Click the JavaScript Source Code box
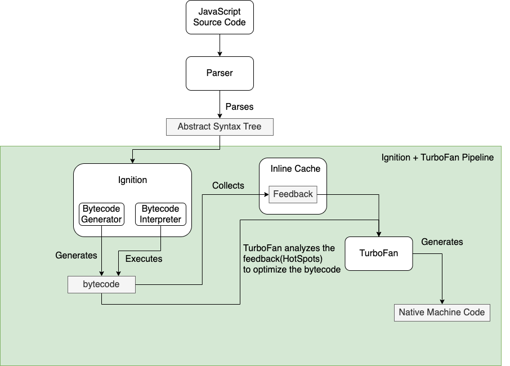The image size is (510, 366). pyautogui.click(x=220, y=17)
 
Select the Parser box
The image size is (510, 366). pyautogui.click(x=220, y=73)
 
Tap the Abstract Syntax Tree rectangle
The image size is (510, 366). pyautogui.click(x=220, y=127)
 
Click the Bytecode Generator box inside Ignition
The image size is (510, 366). pyautogui.click(x=101, y=214)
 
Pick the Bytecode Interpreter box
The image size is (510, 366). pyautogui.click(x=161, y=214)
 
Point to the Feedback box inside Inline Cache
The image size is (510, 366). pyautogui.click(x=293, y=194)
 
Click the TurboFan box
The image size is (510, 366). pyautogui.click(x=378, y=253)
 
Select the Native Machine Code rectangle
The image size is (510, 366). pyautogui.click(x=442, y=313)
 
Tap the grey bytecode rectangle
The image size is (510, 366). pyautogui.click(x=101, y=284)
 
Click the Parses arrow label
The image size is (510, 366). pyautogui.click(x=239, y=106)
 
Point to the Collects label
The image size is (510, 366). pyautogui.click(x=228, y=185)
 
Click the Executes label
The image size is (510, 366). pyautogui.click(x=144, y=259)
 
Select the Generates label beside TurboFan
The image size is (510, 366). pyautogui.click(x=442, y=242)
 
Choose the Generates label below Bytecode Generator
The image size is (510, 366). pyautogui.click(x=76, y=255)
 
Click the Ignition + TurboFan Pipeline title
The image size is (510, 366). pyautogui.click(x=437, y=158)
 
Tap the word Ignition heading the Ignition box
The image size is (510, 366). pyautogui.click(x=132, y=180)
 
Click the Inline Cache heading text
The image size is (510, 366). pyautogui.click(x=296, y=169)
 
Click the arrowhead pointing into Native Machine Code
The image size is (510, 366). pyautogui.click(x=442, y=301)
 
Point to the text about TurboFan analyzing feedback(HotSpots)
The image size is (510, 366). pyautogui.click(x=292, y=258)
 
